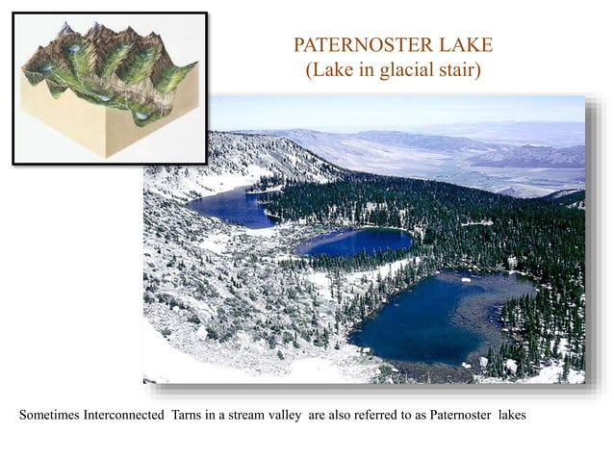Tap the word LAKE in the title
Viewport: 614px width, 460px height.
464,44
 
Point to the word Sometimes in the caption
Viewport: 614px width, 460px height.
51,417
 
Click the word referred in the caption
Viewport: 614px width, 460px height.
398,417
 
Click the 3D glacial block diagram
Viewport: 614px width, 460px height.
110,88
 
